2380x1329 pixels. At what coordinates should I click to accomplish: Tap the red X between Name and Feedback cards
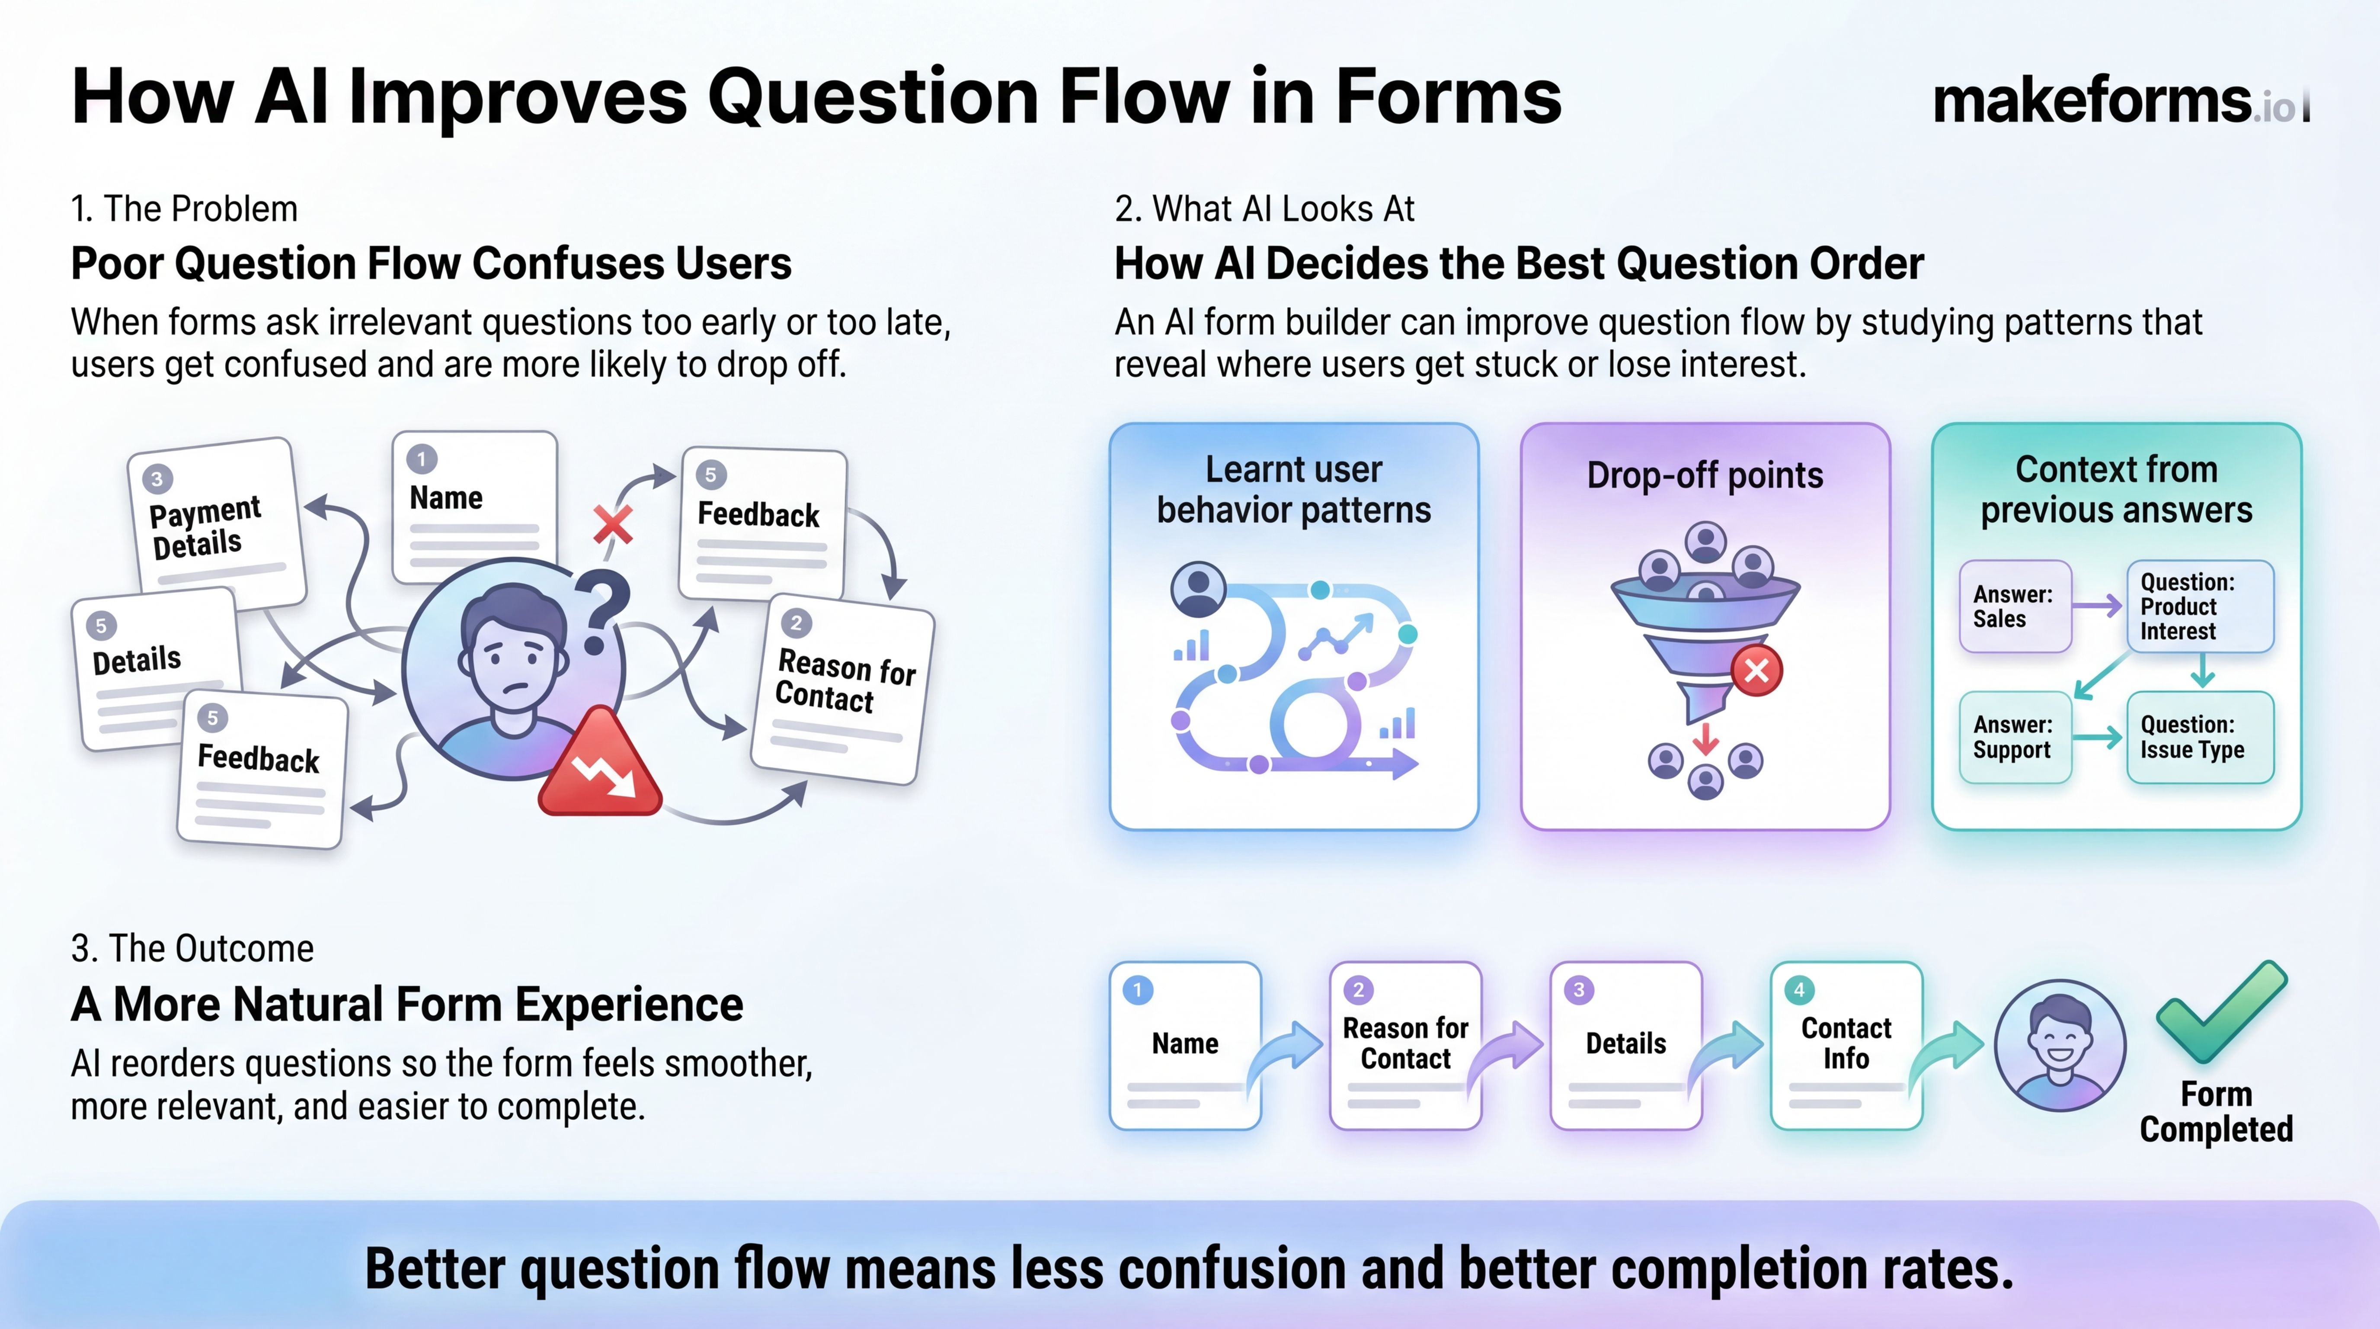pyautogui.click(x=613, y=524)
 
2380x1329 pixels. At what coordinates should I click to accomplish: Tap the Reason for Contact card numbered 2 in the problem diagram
pyautogui.click(x=843, y=689)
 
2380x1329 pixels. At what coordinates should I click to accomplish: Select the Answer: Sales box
pyautogui.click(x=2014, y=606)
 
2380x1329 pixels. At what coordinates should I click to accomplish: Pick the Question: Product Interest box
pyautogui.click(x=2200, y=606)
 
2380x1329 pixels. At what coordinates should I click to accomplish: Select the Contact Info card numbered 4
pyautogui.click(x=1846, y=1044)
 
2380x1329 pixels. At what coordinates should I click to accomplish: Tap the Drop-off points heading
pyautogui.click(x=1705, y=475)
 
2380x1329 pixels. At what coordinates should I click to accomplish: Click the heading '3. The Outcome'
pyautogui.click(x=192, y=948)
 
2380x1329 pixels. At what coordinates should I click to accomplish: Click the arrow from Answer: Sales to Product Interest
pyautogui.click(x=2097, y=606)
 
